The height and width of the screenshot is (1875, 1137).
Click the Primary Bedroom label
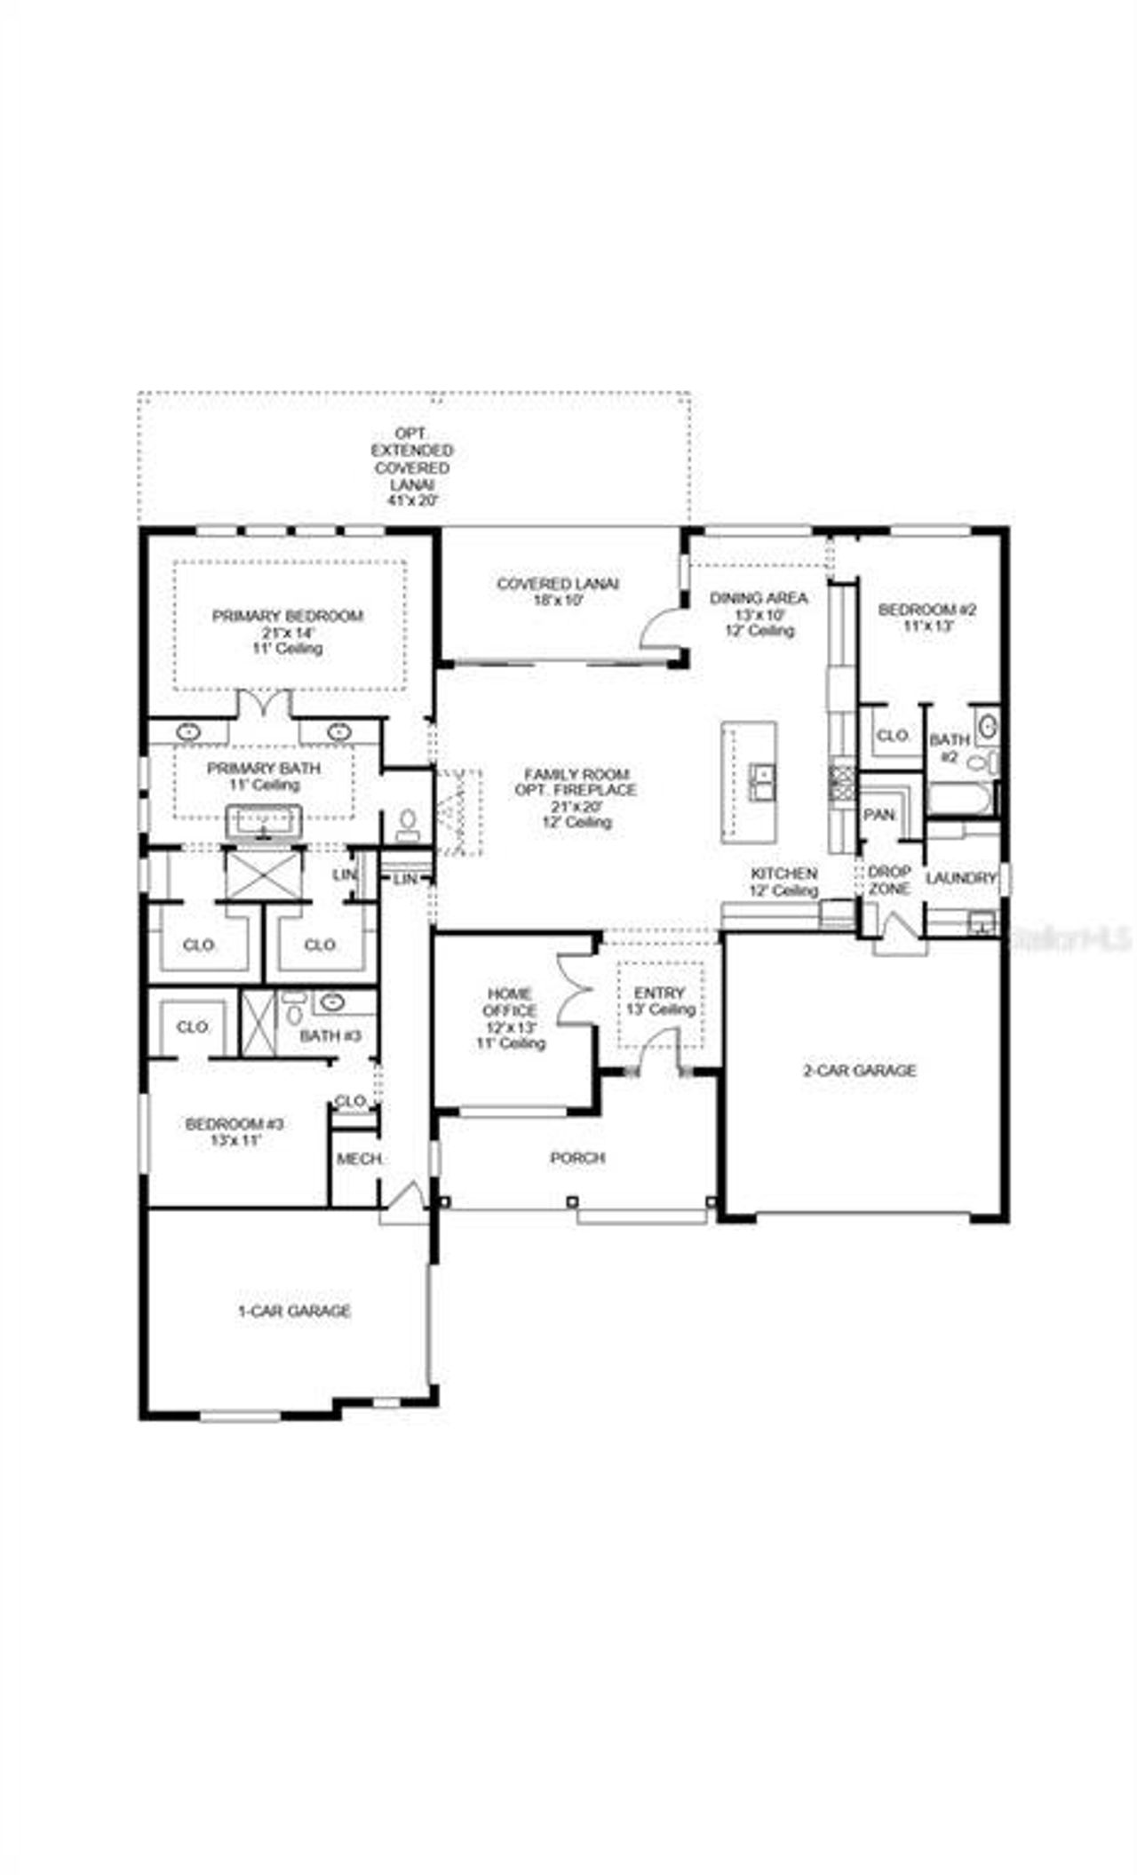click(287, 632)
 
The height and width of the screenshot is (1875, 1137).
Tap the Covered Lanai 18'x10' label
click(558, 592)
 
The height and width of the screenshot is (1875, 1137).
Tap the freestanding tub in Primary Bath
click(264, 821)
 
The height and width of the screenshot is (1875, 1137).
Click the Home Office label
click(510, 1018)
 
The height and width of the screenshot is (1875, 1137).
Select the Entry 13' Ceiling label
click(659, 1001)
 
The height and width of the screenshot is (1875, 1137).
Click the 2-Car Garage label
click(859, 1071)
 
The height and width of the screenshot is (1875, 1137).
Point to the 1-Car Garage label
click(294, 1311)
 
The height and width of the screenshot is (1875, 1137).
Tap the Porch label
click(577, 1158)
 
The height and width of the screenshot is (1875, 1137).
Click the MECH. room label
click(359, 1160)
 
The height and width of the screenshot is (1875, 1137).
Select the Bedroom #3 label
click(235, 1131)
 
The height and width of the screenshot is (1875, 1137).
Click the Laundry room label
click(960, 878)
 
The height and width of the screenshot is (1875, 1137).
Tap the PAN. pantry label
click(879, 815)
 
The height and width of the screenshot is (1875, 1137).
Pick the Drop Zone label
click(888, 880)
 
